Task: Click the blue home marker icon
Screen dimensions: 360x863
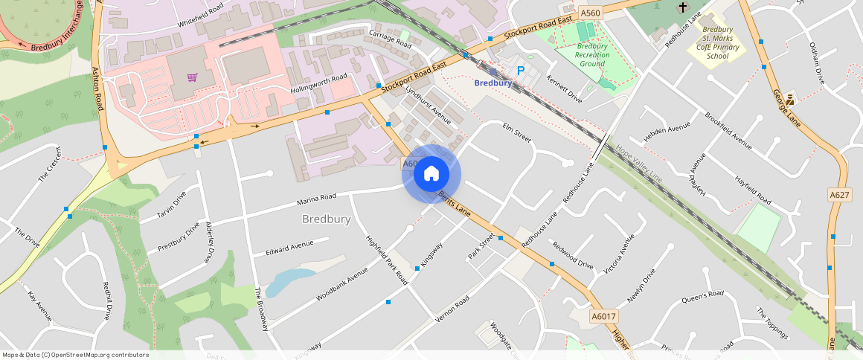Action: tap(431, 174)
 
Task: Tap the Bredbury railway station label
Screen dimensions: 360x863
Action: tap(493, 83)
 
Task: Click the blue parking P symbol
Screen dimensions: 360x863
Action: tap(521, 71)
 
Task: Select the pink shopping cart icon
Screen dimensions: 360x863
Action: tap(192, 77)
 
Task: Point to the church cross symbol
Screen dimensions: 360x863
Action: tap(683, 7)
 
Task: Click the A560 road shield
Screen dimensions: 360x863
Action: tap(590, 13)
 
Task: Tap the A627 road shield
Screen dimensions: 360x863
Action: tap(839, 195)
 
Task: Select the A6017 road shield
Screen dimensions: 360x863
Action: tap(603, 317)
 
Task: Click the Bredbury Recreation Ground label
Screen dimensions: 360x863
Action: tap(592, 55)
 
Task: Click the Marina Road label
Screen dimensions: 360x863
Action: tap(316, 199)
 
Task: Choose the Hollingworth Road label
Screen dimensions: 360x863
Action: tap(318, 82)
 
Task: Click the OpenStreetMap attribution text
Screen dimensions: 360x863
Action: tap(75, 355)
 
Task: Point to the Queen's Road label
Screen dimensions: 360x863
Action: tap(702, 297)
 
